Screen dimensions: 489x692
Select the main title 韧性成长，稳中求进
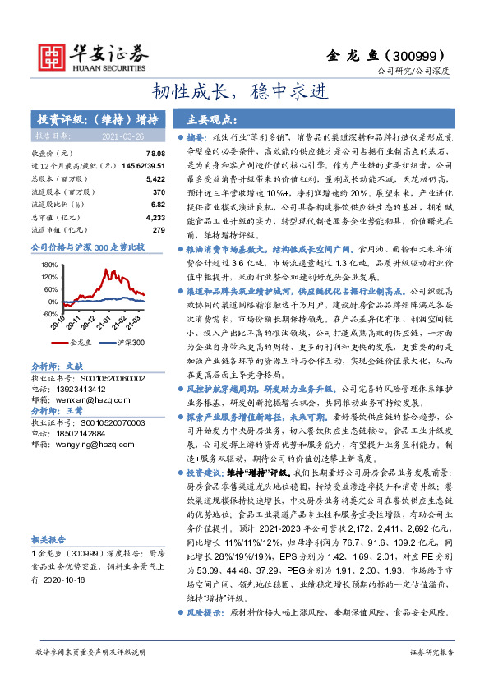(244, 90)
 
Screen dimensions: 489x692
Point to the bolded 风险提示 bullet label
(206, 612)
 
